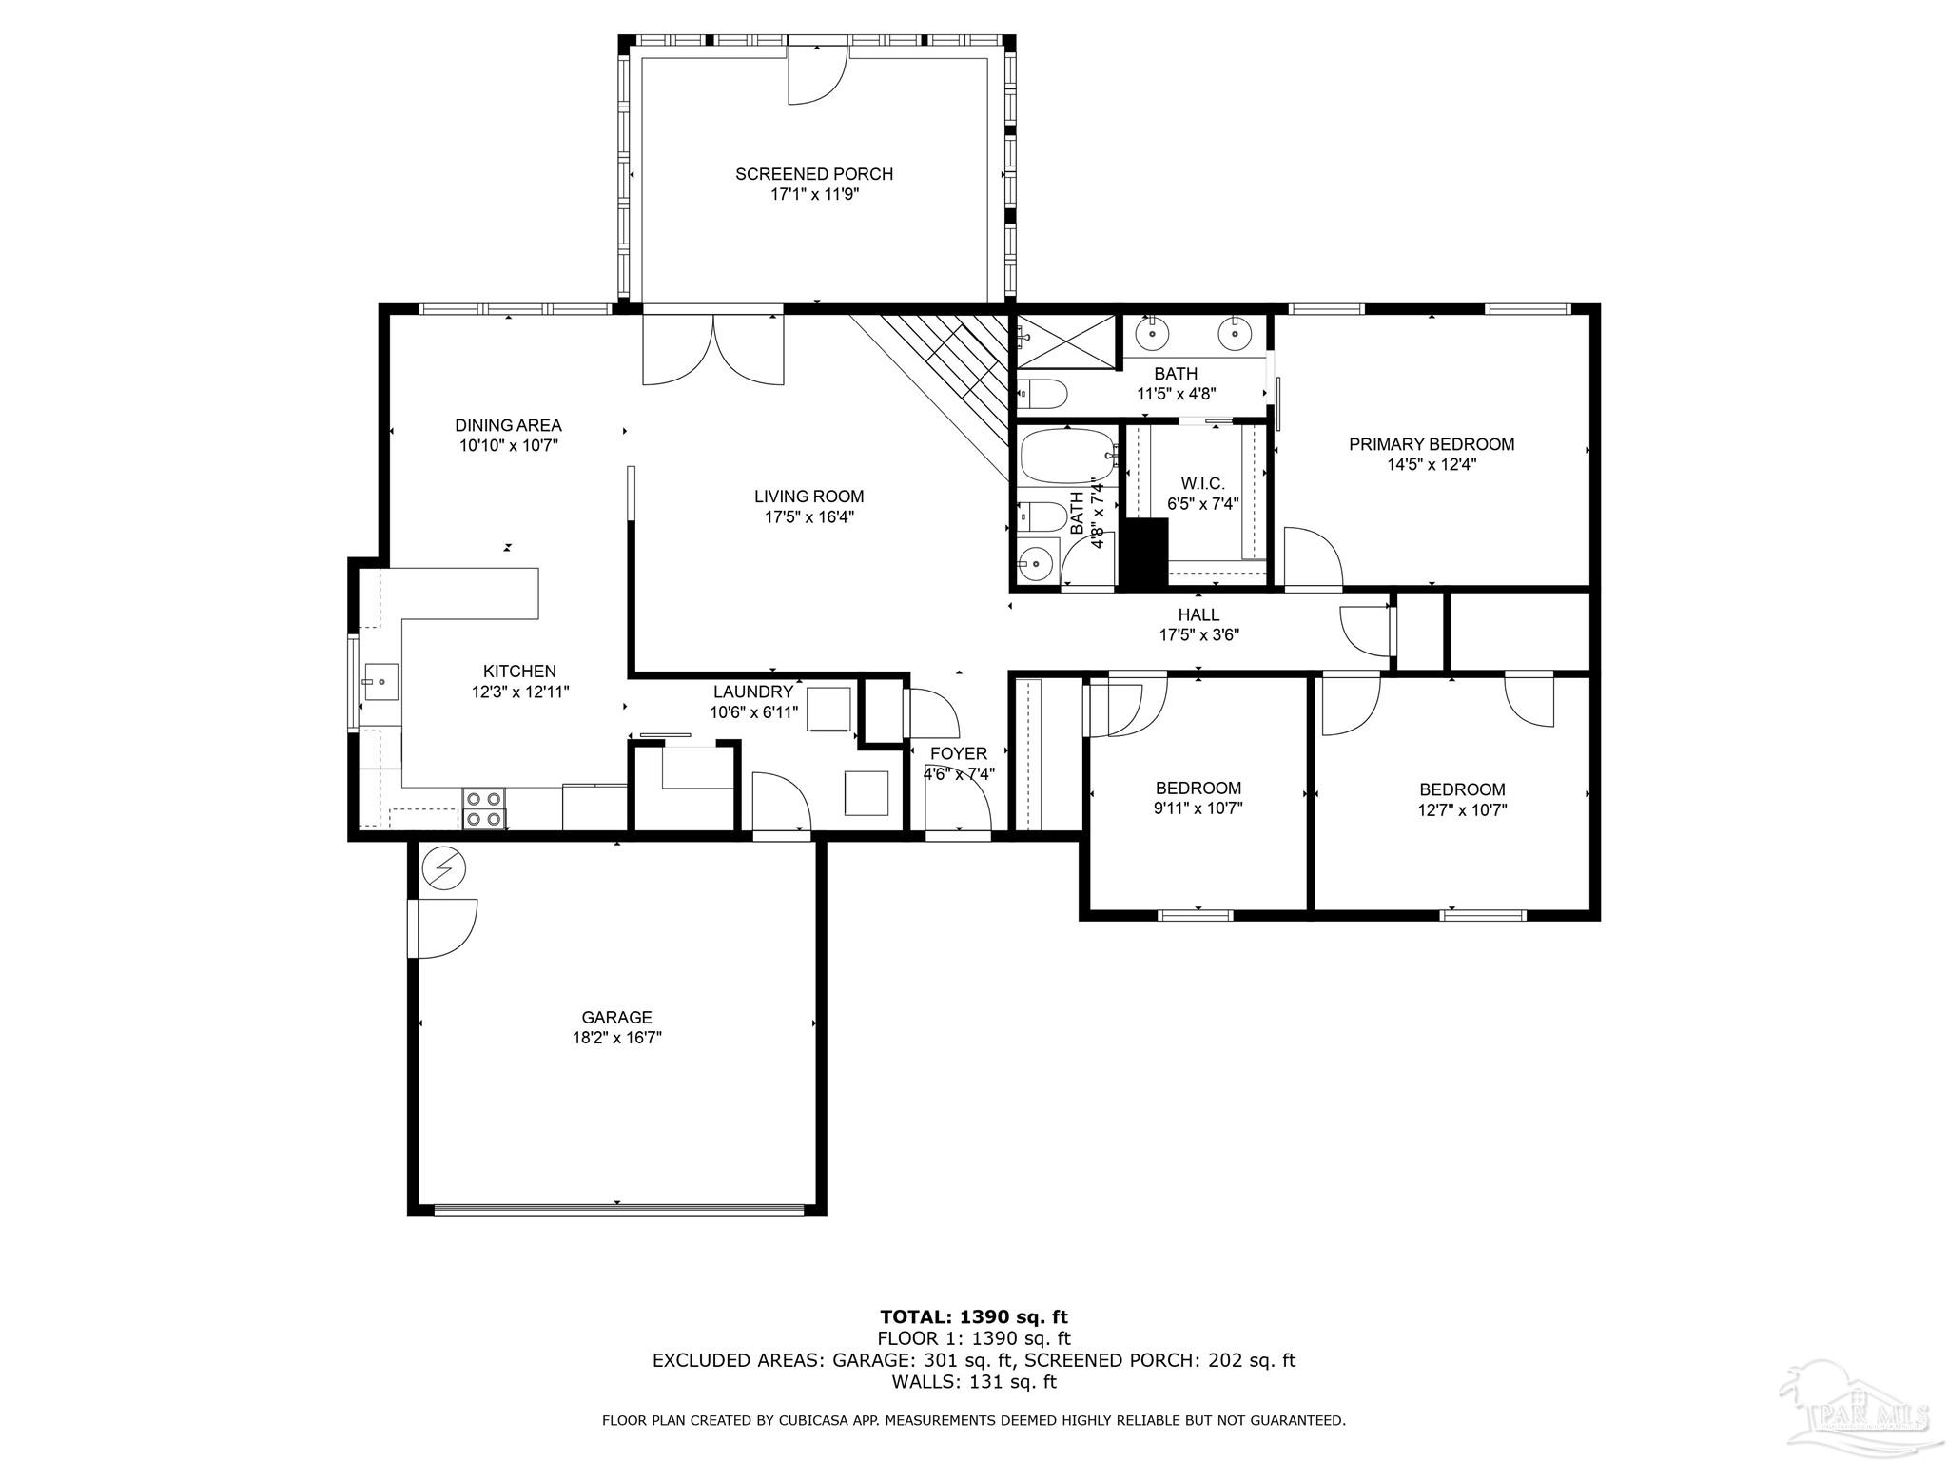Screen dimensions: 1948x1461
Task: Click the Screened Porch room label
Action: click(814, 174)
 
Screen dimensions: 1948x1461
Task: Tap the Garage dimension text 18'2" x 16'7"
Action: click(616, 1038)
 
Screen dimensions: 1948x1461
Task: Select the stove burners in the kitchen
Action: click(484, 808)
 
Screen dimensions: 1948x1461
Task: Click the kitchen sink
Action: click(380, 681)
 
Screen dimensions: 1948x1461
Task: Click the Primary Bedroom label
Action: click(1432, 444)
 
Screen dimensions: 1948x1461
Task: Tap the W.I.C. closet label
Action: click(1203, 484)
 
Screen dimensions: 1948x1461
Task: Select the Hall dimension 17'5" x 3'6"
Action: click(1198, 635)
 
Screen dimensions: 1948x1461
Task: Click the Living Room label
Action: click(809, 497)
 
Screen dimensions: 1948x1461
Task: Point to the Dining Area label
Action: click(508, 425)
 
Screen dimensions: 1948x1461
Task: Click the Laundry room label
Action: click(753, 692)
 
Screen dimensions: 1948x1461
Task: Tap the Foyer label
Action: click(959, 754)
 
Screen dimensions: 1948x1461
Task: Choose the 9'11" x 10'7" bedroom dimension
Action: click(1198, 808)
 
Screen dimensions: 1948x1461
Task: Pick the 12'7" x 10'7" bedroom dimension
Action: click(1462, 810)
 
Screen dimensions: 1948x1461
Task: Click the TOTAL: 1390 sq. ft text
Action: click(974, 1317)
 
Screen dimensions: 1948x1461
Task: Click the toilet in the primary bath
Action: click(1043, 392)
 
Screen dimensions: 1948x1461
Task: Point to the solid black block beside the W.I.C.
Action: click(1144, 553)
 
